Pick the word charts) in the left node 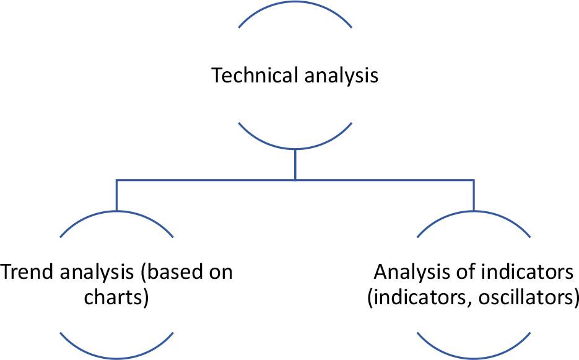116,296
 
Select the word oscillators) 534,296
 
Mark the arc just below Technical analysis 295,147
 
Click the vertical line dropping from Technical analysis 295,164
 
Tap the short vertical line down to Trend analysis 116,195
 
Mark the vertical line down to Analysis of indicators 474,195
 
